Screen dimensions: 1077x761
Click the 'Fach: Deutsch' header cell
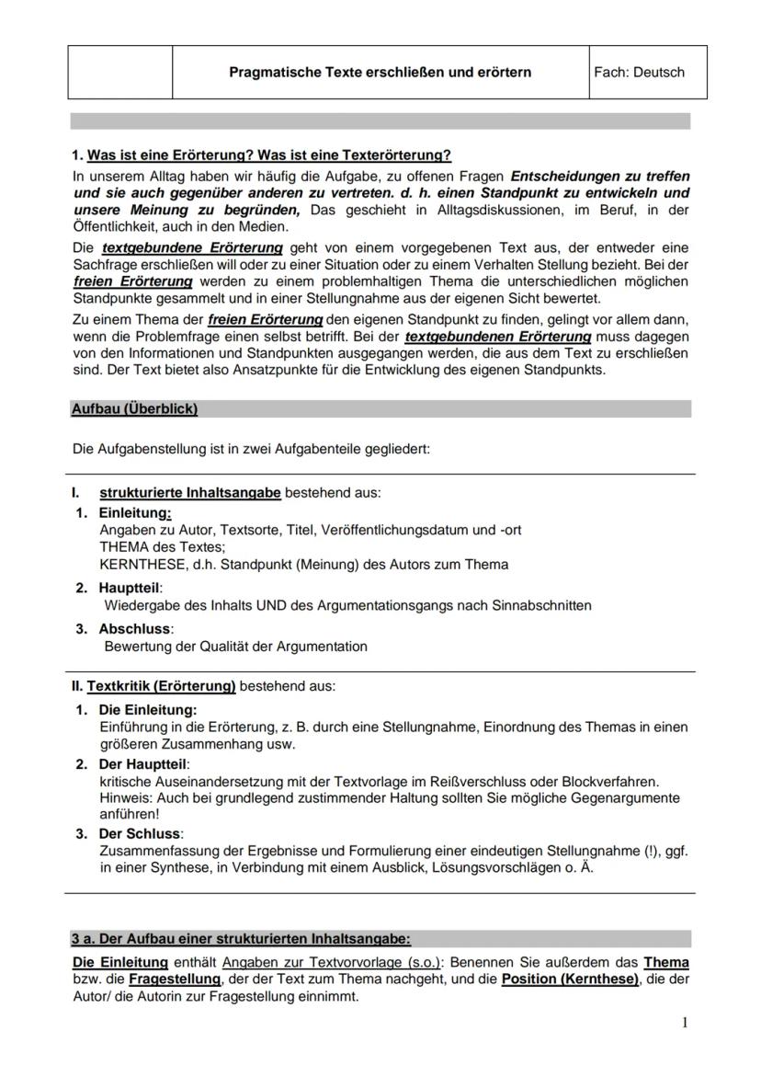click(639, 72)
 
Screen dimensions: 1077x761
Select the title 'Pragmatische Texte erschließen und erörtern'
click(380, 72)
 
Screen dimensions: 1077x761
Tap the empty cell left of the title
click(119, 72)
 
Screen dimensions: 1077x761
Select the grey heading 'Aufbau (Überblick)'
click(134, 408)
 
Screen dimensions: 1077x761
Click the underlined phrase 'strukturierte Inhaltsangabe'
click(190, 493)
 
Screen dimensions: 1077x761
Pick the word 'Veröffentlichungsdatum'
click(396, 530)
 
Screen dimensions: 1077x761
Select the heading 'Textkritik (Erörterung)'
click(162, 686)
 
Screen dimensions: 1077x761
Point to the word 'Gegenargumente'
click(626, 798)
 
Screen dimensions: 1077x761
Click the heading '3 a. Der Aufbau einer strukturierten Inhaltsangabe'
click(241, 939)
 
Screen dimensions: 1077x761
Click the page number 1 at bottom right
click(685, 1023)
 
